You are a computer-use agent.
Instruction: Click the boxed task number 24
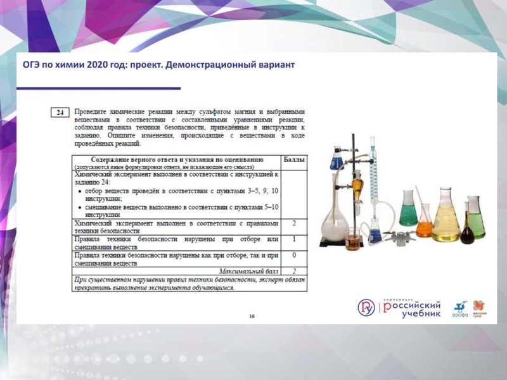tap(59, 113)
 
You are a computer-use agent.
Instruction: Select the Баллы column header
tap(293, 160)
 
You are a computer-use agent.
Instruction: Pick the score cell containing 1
tap(294, 239)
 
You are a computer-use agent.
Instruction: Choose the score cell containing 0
tap(294, 255)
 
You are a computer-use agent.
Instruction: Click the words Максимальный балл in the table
tap(247, 270)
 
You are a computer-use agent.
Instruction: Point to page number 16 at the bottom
tap(252, 315)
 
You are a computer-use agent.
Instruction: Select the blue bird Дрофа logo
tap(460, 308)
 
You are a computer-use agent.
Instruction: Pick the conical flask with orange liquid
tap(424, 221)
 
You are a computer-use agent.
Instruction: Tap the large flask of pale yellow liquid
tap(446, 218)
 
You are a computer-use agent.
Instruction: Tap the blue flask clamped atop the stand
tap(336, 159)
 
